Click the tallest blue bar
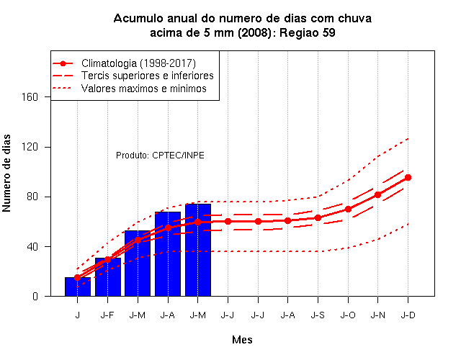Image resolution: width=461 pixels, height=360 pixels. pos(198,250)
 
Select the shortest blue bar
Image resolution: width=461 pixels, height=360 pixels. pos(78,287)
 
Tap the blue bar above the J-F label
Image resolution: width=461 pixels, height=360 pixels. pos(107,276)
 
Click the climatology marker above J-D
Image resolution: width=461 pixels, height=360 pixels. pos(408,178)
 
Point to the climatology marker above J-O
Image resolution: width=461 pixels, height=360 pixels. pos(348,210)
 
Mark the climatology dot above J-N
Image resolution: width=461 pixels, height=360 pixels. pos(377,195)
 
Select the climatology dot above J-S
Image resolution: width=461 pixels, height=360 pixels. pos(318,217)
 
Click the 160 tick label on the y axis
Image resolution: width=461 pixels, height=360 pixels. pos(30,97)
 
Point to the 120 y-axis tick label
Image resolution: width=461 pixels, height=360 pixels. pos(30,147)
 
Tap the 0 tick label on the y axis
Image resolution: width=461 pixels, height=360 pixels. pos(35,296)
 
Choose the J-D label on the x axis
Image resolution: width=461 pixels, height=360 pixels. pos(408,315)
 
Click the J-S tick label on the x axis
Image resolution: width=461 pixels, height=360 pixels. pos(318,315)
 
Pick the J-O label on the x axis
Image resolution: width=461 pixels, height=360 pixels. pos(348,315)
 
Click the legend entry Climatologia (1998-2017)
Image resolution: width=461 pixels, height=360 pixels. pos(138,63)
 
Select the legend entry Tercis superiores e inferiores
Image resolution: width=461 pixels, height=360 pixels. pos(148,76)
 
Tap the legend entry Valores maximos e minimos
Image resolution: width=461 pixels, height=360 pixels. pos(144,89)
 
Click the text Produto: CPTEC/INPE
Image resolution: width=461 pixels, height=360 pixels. pos(160,156)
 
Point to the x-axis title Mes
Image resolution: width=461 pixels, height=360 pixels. pos(242,340)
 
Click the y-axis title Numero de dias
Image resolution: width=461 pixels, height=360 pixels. pos(6,173)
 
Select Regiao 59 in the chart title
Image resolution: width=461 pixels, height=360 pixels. pos(308,32)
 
